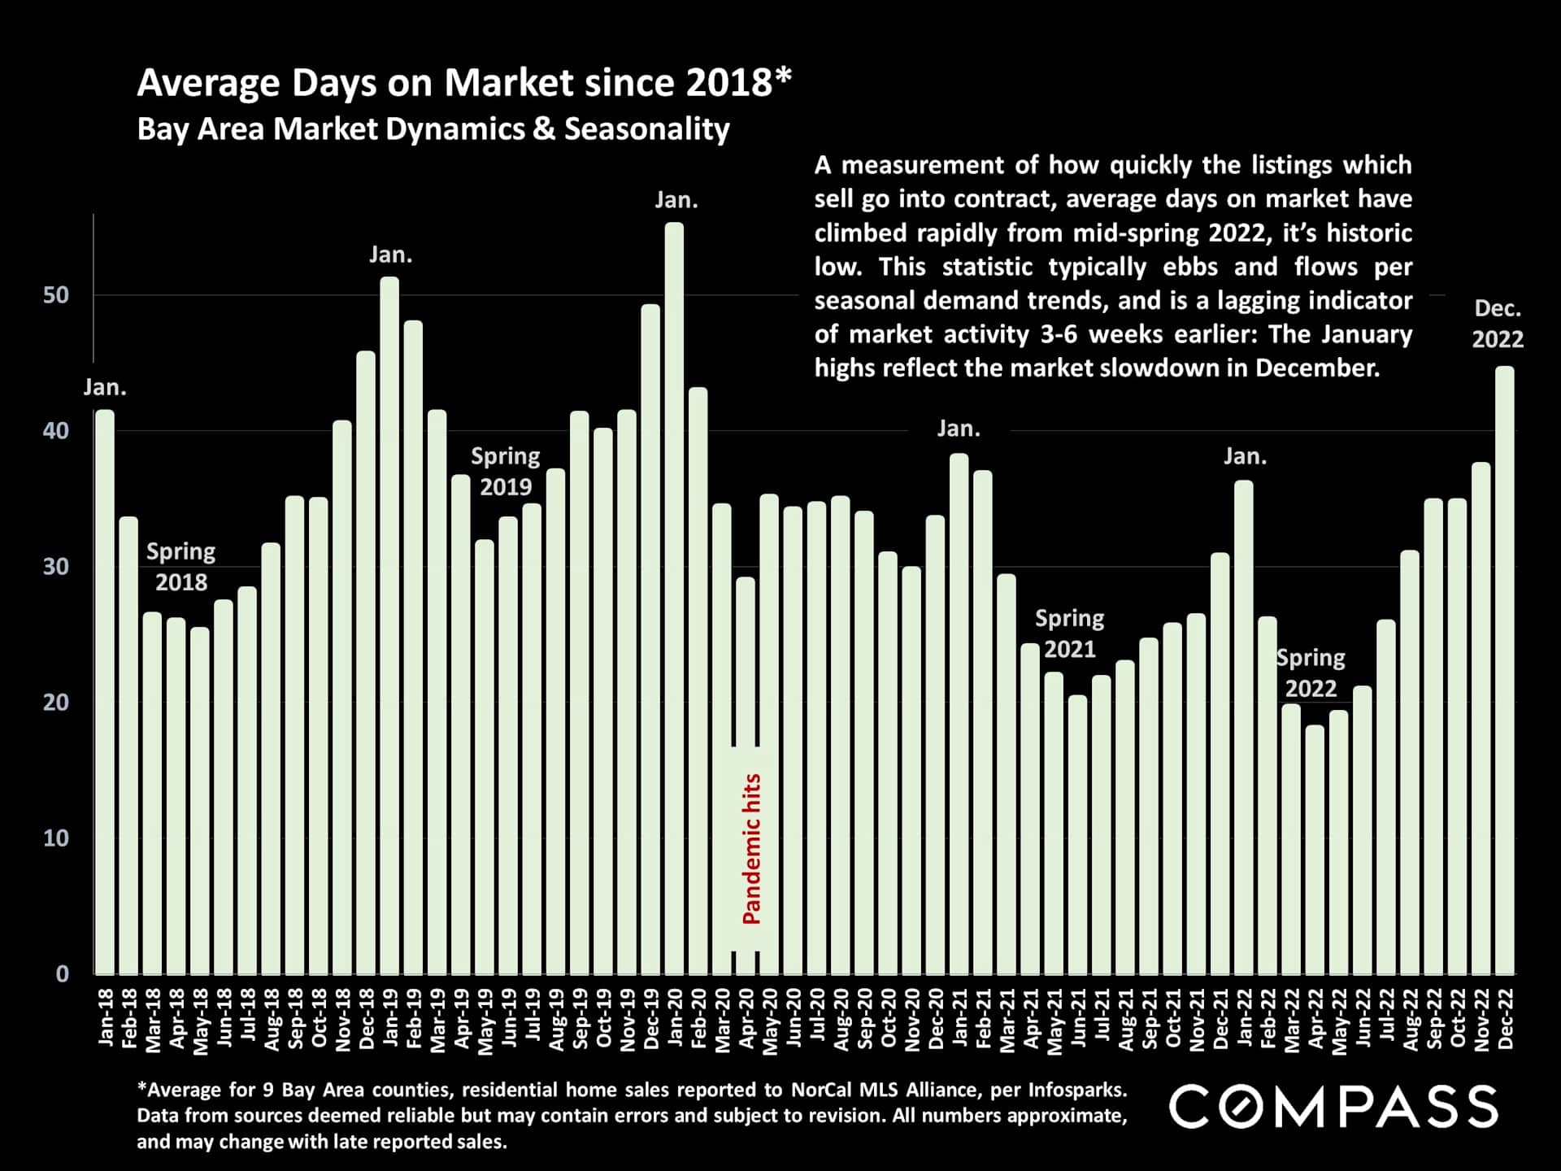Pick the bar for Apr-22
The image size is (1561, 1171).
tap(1315, 849)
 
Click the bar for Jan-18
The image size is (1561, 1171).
tap(105, 691)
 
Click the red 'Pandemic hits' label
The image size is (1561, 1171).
tap(752, 848)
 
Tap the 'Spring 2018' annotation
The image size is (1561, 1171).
tap(180, 567)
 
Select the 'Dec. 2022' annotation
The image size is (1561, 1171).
tap(1497, 324)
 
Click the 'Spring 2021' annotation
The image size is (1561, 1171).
tap(1069, 633)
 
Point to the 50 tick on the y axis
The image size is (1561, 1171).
tap(56, 295)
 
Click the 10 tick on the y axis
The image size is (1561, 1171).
tap(56, 838)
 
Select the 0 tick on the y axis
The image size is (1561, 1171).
tap(63, 974)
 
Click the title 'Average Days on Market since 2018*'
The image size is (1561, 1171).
tap(463, 83)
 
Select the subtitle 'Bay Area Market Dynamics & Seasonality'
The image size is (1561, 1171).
tap(433, 129)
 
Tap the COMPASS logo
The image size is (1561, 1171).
tap(1333, 1107)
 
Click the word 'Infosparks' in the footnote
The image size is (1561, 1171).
tap(1076, 1090)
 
